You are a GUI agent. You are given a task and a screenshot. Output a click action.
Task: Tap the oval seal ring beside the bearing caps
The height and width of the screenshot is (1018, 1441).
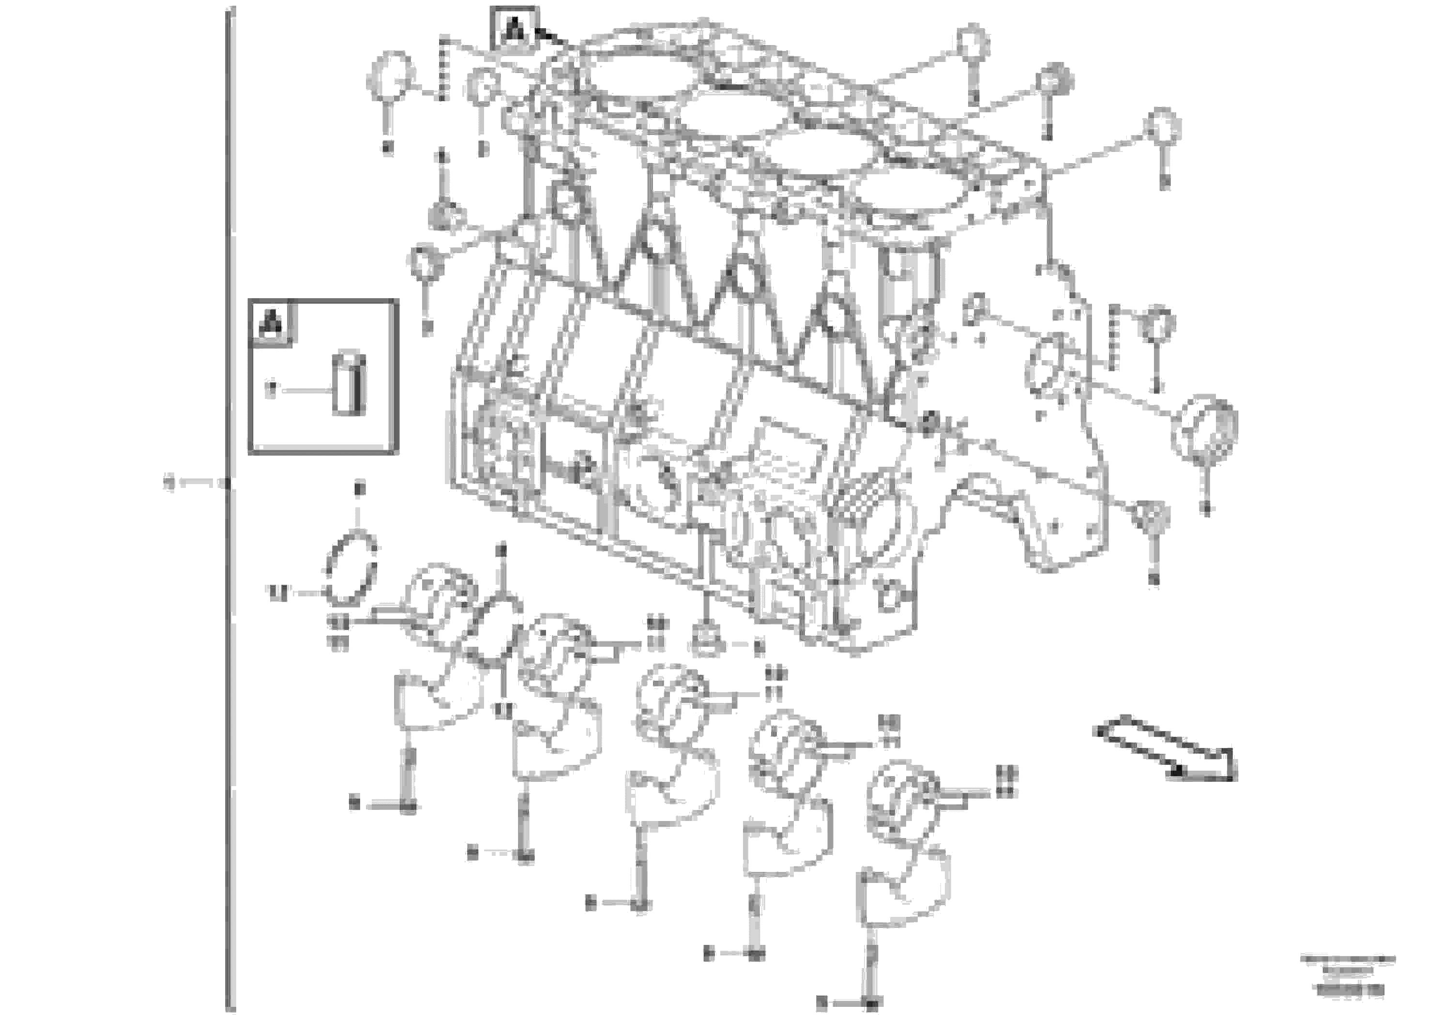click(x=351, y=569)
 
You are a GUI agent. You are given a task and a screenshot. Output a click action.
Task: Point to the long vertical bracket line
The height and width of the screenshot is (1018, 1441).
click(x=230, y=502)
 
